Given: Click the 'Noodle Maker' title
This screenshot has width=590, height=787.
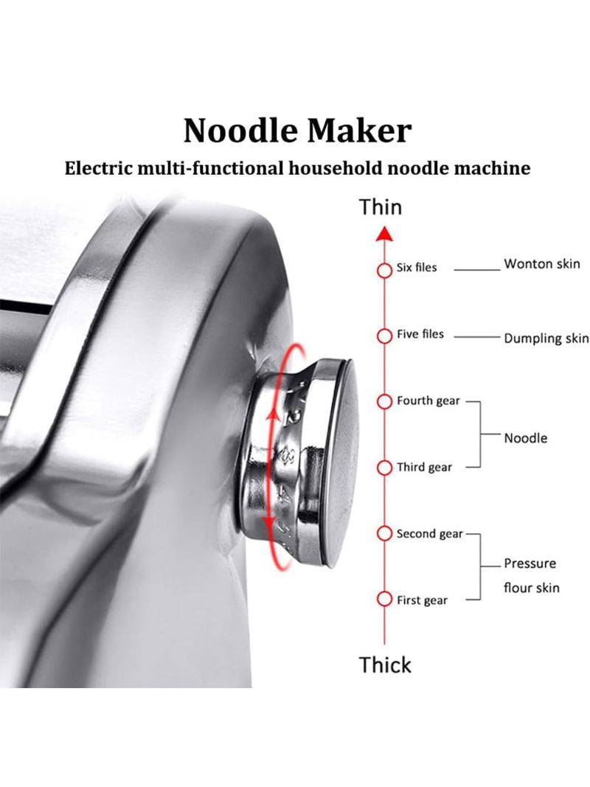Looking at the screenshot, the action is coord(297,131).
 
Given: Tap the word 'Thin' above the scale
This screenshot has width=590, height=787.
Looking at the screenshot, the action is coord(381,207).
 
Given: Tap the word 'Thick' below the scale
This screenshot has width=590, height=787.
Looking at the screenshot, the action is coord(385,665).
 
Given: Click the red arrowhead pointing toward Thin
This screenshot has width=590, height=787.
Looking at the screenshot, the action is coord(384,233).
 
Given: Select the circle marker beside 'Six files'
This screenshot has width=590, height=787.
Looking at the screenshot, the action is coord(384,271).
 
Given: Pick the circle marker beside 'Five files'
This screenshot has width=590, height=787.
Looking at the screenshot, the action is coord(384,336).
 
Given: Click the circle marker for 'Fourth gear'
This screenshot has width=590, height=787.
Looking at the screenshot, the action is coord(384,401).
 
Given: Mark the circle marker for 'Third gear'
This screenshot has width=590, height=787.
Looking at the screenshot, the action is coord(384,468).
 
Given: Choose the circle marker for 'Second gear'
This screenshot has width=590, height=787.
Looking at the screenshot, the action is coord(384,533).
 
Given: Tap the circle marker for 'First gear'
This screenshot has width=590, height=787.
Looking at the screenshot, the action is coord(384,599).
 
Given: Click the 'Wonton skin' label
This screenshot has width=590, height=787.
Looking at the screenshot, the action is coord(542,263).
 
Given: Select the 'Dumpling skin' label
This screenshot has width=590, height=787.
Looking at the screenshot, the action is coord(546,339).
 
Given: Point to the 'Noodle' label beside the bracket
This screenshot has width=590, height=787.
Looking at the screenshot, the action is coord(525,438).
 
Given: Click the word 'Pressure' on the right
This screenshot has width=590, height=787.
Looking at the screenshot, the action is coord(530,564).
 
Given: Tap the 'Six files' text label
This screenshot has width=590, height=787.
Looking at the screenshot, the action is coord(417,268).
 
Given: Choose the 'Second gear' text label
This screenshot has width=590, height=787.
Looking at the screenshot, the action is coord(429,533).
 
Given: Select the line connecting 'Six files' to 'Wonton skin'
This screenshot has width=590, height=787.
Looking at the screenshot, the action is coord(477,269).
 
